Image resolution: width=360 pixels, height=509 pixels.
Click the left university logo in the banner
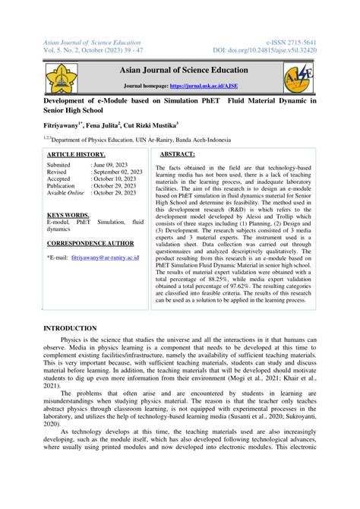(62, 78)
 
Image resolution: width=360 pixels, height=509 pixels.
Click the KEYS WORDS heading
(68, 215)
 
